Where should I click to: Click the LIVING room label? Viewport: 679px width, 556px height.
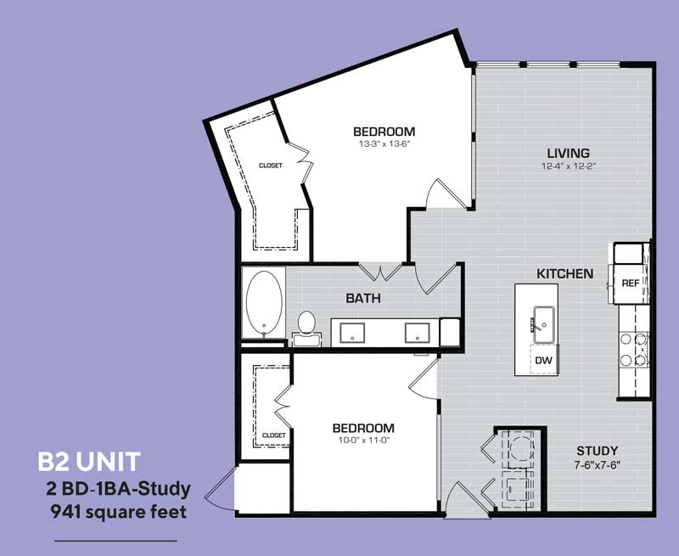[568, 153]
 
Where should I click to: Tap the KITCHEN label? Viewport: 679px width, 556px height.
[564, 274]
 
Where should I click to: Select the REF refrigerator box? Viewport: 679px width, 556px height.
[630, 284]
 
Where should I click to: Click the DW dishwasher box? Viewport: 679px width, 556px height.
[542, 360]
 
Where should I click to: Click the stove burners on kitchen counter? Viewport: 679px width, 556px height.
[632, 349]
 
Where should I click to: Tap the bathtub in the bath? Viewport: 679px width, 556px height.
[265, 304]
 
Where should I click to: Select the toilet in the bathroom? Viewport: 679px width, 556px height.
[307, 327]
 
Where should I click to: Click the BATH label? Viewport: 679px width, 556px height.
[362, 299]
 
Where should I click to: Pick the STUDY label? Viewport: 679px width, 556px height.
[597, 450]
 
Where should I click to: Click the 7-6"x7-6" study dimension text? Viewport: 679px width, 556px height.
[597, 464]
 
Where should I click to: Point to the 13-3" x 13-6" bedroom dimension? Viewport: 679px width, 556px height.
[384, 144]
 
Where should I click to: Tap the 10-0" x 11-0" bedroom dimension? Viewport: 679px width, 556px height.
[362, 441]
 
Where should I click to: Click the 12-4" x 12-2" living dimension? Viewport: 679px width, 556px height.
[568, 166]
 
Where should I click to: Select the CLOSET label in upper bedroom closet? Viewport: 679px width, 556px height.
[270, 166]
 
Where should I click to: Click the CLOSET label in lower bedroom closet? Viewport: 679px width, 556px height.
[273, 435]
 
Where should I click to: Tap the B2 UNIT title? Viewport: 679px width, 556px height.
[88, 463]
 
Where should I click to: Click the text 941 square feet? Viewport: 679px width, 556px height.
[120, 512]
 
